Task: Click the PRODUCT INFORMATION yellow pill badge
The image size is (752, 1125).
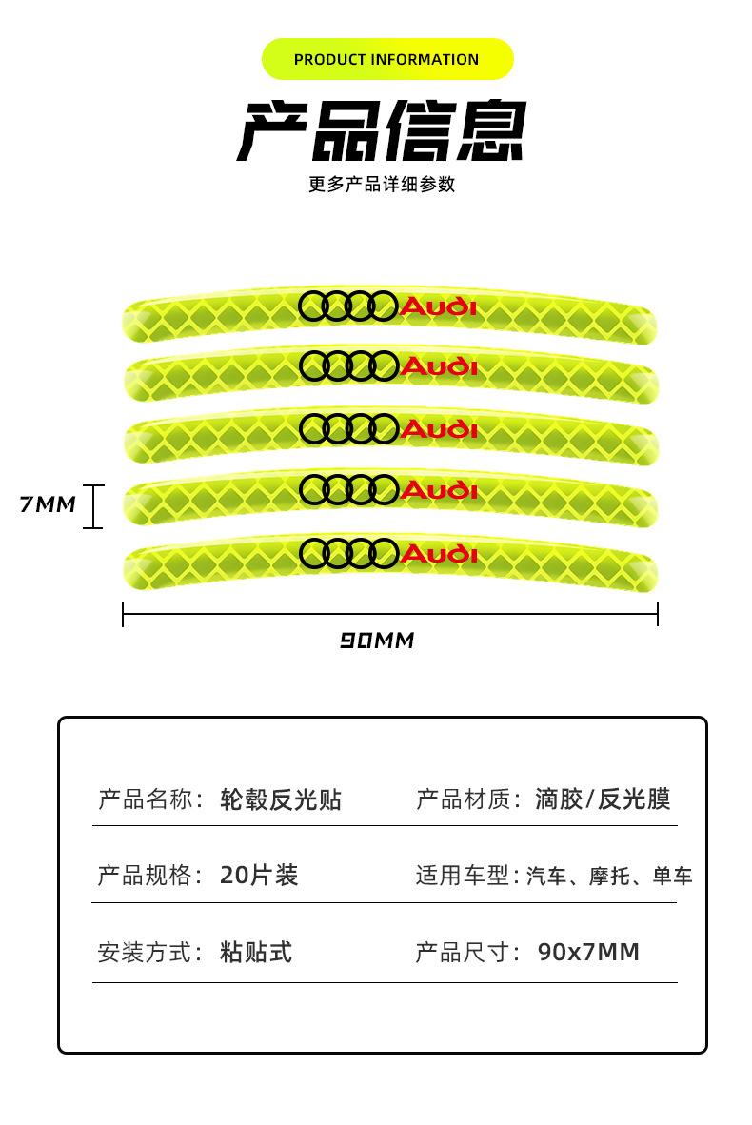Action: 386,59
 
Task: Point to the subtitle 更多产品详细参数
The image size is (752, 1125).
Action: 382,185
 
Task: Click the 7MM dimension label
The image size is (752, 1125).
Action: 48,504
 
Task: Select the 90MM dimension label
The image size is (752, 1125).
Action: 377,641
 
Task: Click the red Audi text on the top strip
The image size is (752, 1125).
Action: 439,306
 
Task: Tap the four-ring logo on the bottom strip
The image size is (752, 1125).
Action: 348,552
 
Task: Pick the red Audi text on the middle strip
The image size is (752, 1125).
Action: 439,428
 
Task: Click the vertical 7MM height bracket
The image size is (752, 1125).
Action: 92,505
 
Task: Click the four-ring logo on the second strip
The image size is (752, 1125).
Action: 348,365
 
